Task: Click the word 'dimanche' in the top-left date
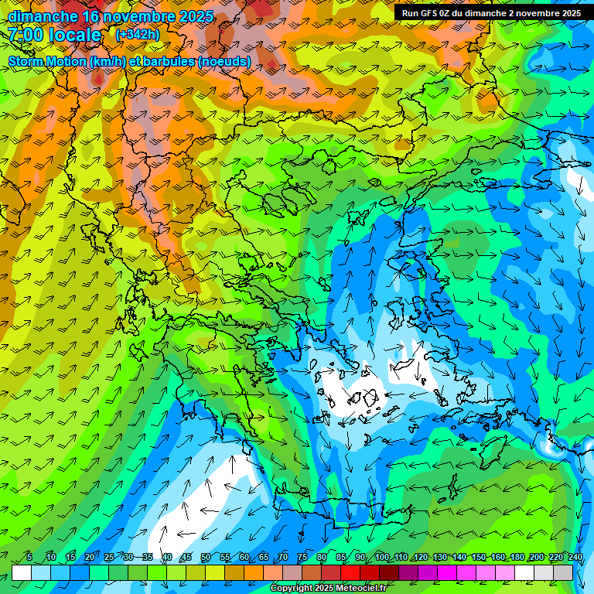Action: click(x=43, y=16)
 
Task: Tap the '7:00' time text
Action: click(x=26, y=35)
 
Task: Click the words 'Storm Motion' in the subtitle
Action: click(x=46, y=62)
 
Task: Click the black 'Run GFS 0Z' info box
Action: click(x=491, y=13)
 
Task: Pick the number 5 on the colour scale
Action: click(x=29, y=557)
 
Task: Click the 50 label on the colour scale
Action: click(x=205, y=557)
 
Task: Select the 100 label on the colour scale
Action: click(x=381, y=557)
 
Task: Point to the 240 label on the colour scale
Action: click(x=575, y=557)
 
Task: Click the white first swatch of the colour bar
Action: click(x=22, y=572)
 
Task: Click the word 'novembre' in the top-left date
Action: click(x=128, y=16)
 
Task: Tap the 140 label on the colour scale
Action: click(x=459, y=557)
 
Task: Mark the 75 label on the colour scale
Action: click(x=302, y=557)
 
